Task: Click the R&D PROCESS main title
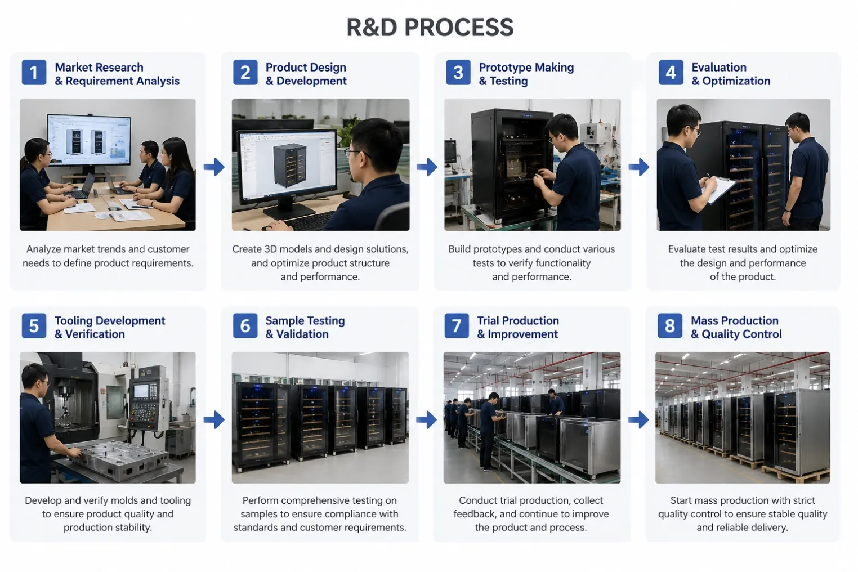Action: pyautogui.click(x=430, y=27)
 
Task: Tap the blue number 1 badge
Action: pyautogui.click(x=34, y=72)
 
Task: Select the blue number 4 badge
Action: pyautogui.click(x=671, y=72)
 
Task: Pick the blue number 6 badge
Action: pyautogui.click(x=245, y=325)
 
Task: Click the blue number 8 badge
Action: pyautogui.click(x=669, y=325)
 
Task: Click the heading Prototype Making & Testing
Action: pyautogui.click(x=526, y=74)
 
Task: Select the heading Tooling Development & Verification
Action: pyautogui.click(x=110, y=327)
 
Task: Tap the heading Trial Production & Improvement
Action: pyautogui.click(x=518, y=327)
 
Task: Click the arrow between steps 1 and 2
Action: pyautogui.click(x=214, y=167)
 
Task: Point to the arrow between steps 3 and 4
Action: pyautogui.click(x=639, y=167)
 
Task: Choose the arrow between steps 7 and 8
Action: pyautogui.click(x=638, y=420)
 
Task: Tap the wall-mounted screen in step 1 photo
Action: pyautogui.click(x=88, y=140)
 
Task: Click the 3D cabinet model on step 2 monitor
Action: pyautogui.click(x=289, y=165)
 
